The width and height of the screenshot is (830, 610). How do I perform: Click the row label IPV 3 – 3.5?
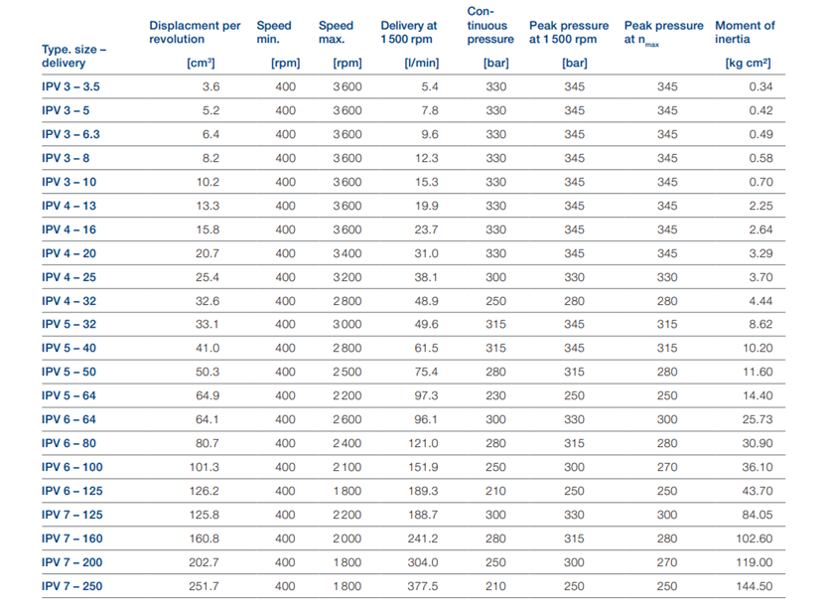(70, 86)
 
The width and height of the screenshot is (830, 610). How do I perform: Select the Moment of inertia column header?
(745, 33)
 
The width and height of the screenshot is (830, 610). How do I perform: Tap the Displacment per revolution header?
(195, 33)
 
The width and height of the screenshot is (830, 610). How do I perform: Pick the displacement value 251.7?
(204, 586)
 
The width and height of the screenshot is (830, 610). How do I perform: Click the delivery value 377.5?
(423, 586)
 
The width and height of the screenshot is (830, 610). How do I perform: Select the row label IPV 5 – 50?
(69, 372)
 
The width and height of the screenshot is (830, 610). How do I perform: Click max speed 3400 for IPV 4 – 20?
(347, 253)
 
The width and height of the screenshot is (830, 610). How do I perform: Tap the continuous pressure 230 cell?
(496, 395)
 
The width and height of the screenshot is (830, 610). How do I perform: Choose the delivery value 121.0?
(423, 443)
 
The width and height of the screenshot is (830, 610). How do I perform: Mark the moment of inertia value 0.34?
(761, 86)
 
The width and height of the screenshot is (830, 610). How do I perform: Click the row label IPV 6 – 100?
(72, 467)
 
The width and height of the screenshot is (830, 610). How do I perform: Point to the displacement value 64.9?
(207, 395)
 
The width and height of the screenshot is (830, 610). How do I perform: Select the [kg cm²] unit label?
(748, 63)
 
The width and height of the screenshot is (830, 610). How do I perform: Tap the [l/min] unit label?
(422, 63)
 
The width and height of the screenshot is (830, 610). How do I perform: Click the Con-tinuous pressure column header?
(490, 26)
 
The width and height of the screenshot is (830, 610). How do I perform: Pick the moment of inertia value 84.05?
(758, 515)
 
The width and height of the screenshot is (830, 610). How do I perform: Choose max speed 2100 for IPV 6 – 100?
(347, 467)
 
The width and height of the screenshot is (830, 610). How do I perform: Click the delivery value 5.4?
(430, 86)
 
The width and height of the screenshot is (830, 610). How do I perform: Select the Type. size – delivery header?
(74, 56)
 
